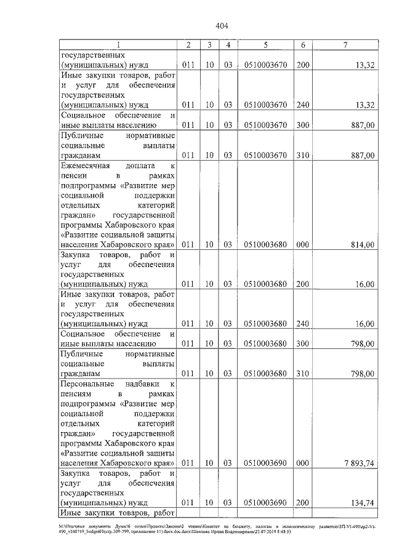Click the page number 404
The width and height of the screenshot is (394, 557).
click(x=222, y=26)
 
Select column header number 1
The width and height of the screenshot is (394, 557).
click(x=119, y=45)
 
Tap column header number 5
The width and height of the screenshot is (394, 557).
click(x=265, y=45)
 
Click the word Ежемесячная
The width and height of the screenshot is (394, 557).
click(x=86, y=167)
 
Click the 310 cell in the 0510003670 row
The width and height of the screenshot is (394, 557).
click(x=303, y=154)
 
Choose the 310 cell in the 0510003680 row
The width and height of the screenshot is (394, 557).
click(x=303, y=373)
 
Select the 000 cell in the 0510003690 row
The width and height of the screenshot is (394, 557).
click(x=303, y=463)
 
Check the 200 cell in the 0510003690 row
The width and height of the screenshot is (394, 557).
click(x=303, y=503)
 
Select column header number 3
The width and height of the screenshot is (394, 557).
click(x=210, y=45)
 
